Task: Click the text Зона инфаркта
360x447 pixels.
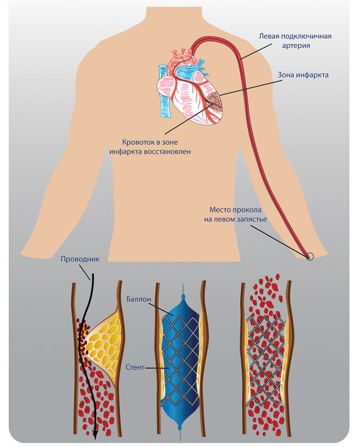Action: tap(302, 75)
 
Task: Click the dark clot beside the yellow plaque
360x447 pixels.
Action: tap(82, 335)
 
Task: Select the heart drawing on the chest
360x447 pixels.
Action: tap(190, 91)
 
